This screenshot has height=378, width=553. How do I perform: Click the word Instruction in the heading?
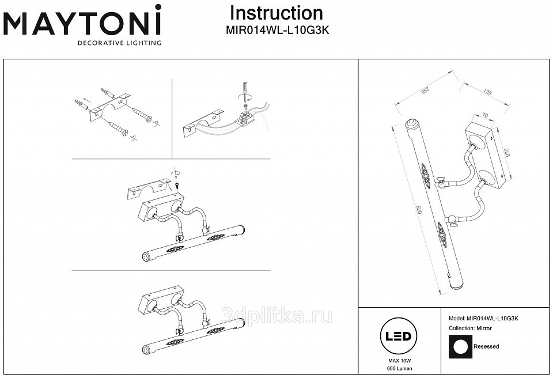click(x=276, y=13)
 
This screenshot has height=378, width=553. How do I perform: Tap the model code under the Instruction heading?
click(x=278, y=31)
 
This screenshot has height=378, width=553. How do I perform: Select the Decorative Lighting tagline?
click(x=119, y=43)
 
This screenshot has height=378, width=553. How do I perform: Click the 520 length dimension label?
click(x=419, y=210)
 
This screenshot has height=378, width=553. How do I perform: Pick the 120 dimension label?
click(x=487, y=92)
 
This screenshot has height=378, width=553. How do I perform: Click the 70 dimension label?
click(x=484, y=115)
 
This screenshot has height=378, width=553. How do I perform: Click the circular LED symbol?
click(x=398, y=335)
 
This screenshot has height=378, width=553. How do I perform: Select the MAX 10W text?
click(x=400, y=361)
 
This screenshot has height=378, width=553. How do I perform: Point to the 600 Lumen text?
click(x=400, y=368)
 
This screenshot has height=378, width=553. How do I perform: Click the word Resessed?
click(x=486, y=346)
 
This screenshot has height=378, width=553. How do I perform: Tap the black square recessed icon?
click(x=460, y=346)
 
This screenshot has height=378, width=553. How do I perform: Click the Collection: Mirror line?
click(x=470, y=328)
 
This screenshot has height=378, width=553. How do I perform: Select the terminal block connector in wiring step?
click(x=246, y=118)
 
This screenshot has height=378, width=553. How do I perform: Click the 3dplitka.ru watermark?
click(x=276, y=316)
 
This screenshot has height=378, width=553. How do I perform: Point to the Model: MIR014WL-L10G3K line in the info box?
click(x=483, y=318)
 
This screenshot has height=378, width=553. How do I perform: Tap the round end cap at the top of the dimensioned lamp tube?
click(x=411, y=125)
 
